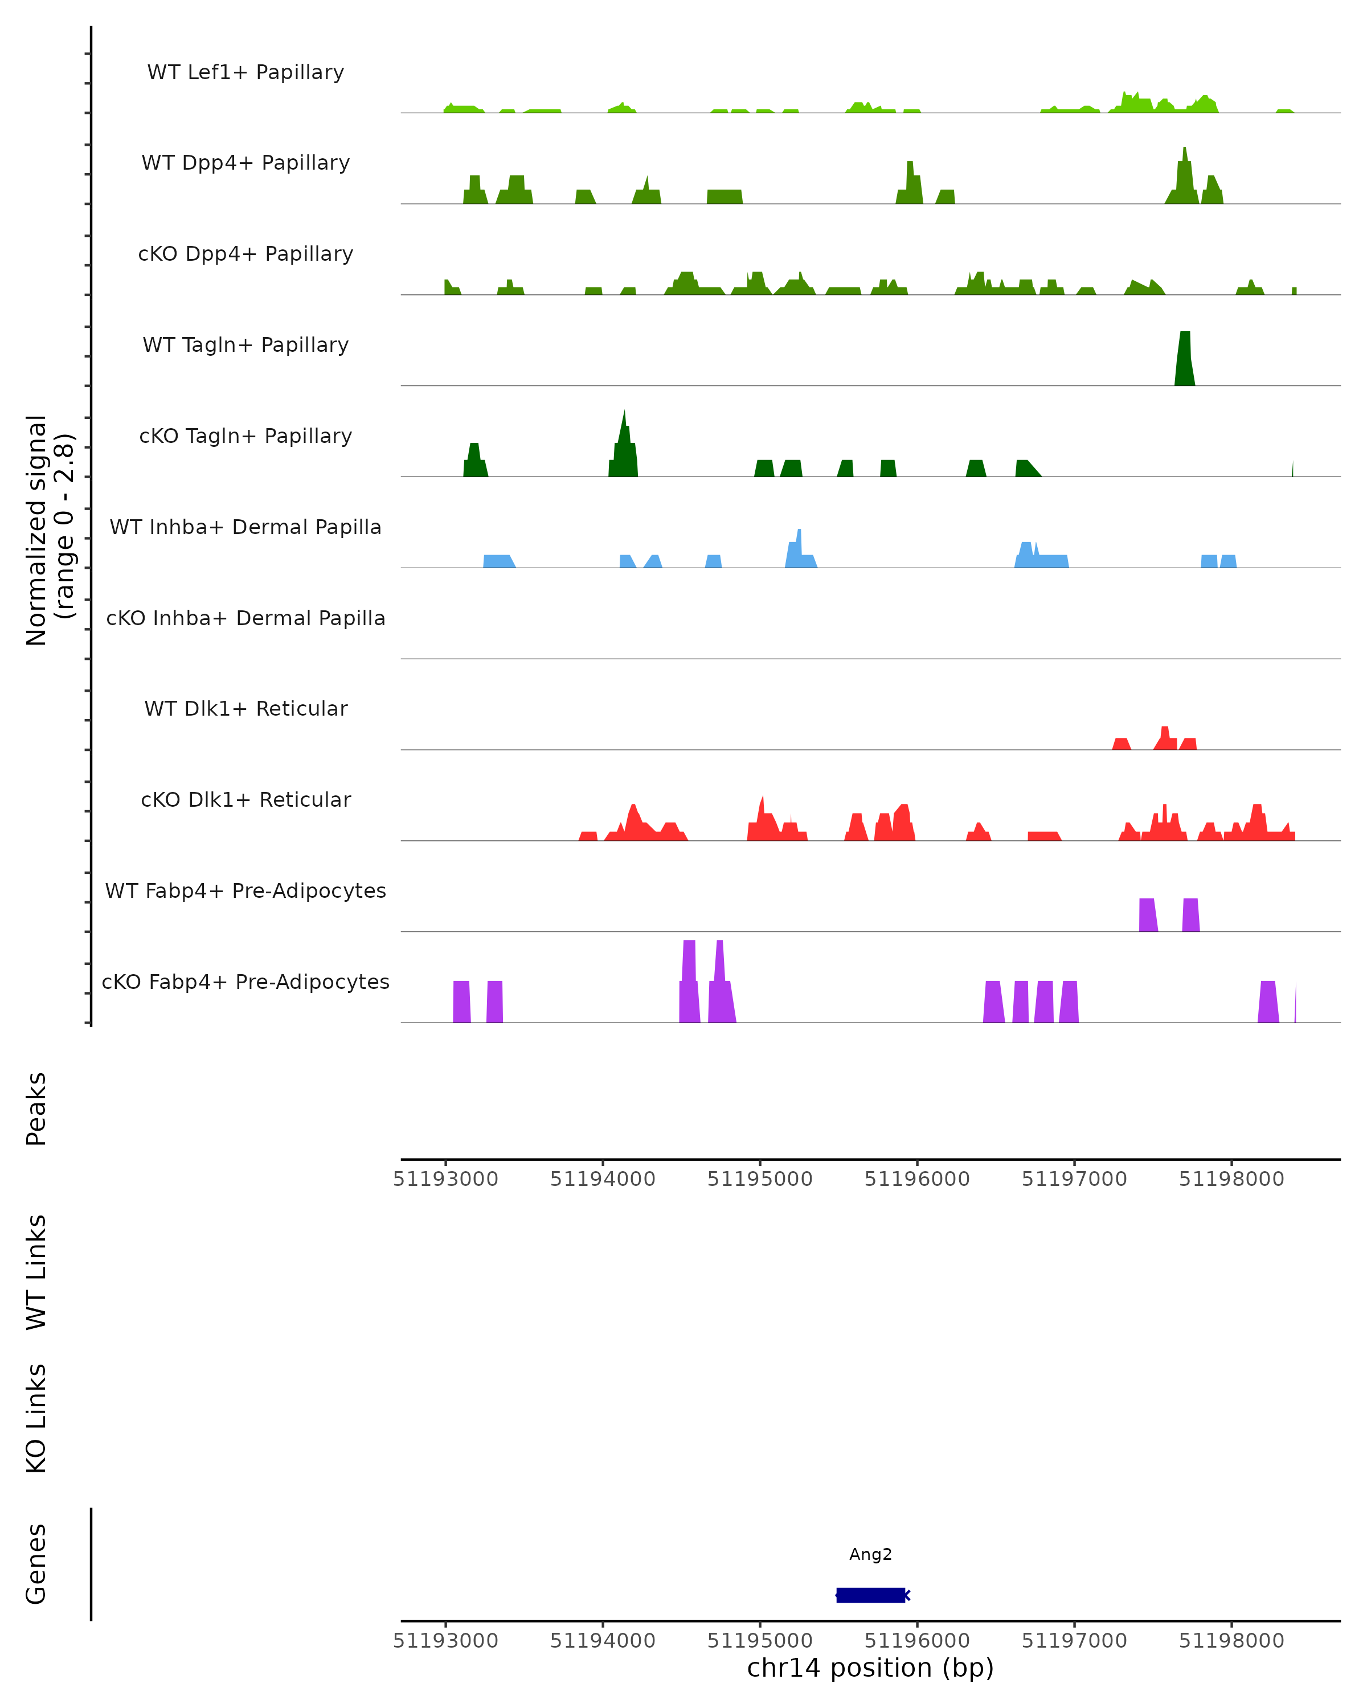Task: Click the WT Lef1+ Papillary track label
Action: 245,72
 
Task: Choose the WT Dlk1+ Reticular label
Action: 245,708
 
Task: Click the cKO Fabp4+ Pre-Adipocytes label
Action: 245,982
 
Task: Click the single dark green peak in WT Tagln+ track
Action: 1185,360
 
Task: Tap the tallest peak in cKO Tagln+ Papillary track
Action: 624,444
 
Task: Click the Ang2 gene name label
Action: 870,1554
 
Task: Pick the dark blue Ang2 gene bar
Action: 870,1595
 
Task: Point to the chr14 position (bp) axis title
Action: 870,1668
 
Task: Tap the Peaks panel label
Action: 36,1108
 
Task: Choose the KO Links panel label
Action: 36,1418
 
